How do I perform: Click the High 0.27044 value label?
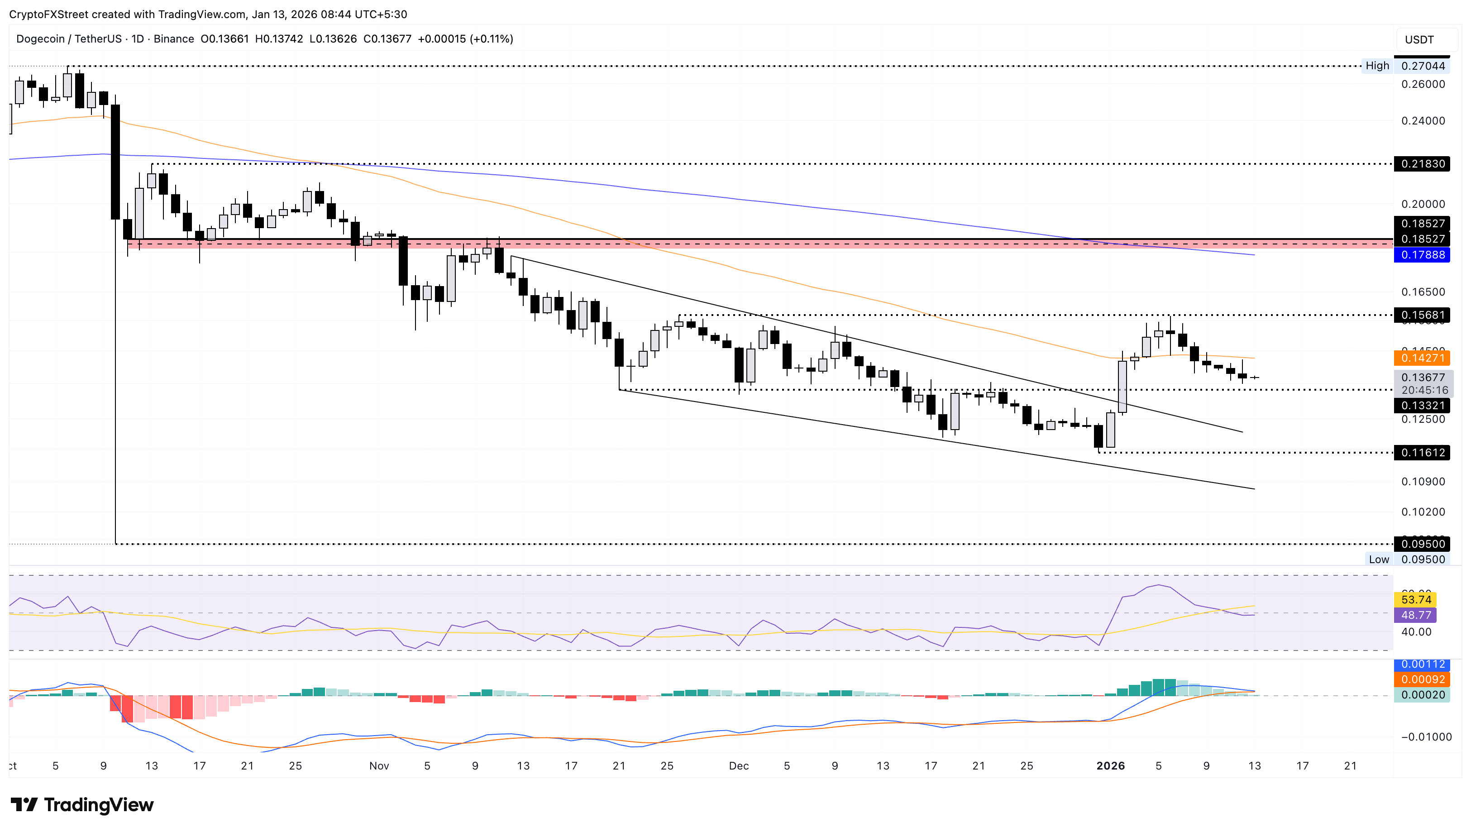pos(1423,66)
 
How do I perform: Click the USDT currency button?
pos(1419,39)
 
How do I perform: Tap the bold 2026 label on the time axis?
pos(1110,766)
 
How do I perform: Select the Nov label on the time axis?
pos(379,766)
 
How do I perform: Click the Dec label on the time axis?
pos(739,766)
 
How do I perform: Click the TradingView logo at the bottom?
pos(82,805)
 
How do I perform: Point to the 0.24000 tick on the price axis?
pos(1423,120)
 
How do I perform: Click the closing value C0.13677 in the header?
pos(387,39)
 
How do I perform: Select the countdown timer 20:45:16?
pos(1424,390)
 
